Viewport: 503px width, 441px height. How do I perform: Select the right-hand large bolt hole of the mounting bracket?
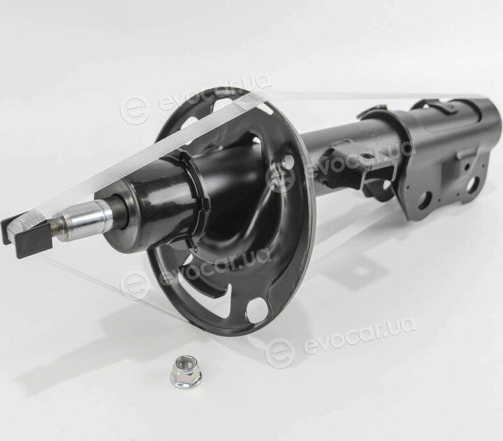click(472, 185)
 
